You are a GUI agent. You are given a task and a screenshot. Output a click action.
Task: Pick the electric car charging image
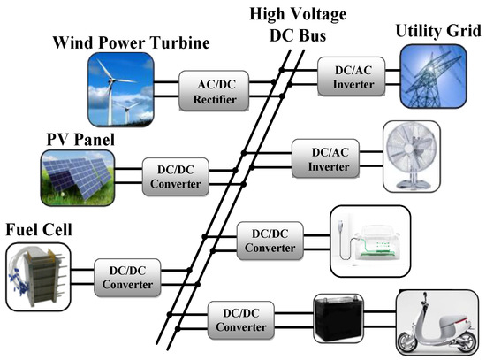pos(369,240)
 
